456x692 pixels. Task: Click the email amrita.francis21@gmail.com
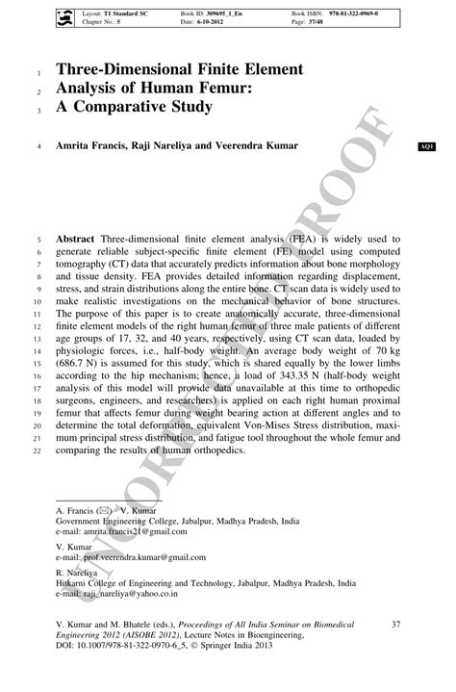click(x=134, y=530)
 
